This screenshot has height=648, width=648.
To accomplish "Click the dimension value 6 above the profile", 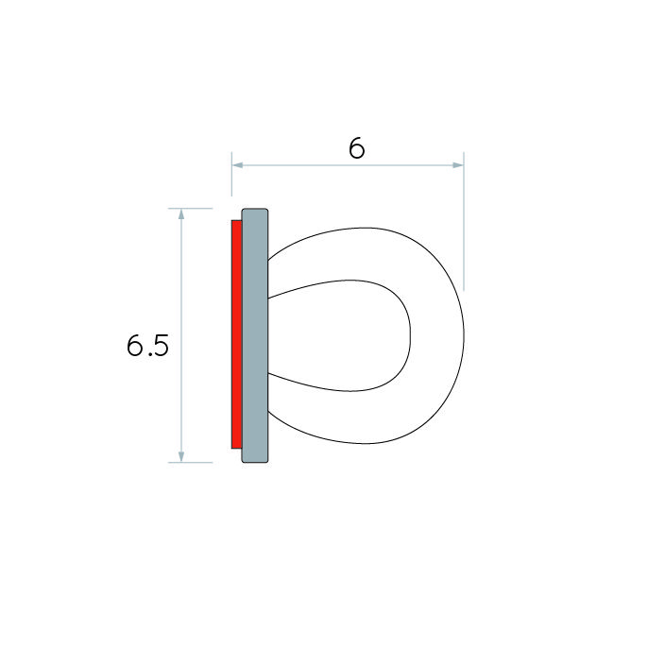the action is tap(357, 148).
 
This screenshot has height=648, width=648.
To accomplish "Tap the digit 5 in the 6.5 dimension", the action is tap(161, 346).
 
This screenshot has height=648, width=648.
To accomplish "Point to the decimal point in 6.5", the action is tap(148, 354).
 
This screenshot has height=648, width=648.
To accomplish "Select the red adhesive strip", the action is tap(237, 334).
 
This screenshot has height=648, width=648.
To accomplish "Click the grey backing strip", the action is tap(255, 335).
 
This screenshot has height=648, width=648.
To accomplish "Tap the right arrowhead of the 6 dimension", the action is tap(458, 165).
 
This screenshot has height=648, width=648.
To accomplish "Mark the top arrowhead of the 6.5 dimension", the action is tap(181, 214).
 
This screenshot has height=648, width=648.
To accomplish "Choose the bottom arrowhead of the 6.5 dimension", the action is tap(181, 456).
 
